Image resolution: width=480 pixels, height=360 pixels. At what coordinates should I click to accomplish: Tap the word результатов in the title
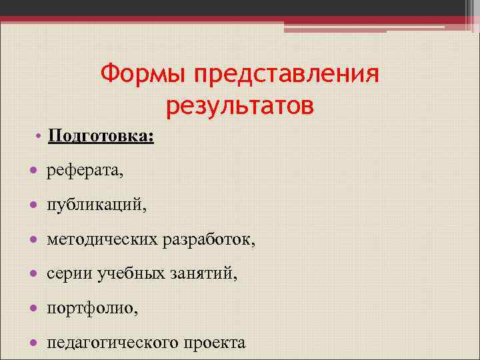pos(239,105)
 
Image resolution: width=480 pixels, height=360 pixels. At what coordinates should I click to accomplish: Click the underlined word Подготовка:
pos(101,137)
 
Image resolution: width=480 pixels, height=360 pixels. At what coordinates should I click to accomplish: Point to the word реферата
pos(85,172)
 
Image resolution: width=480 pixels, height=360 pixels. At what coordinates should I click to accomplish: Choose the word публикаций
pos(96,206)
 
